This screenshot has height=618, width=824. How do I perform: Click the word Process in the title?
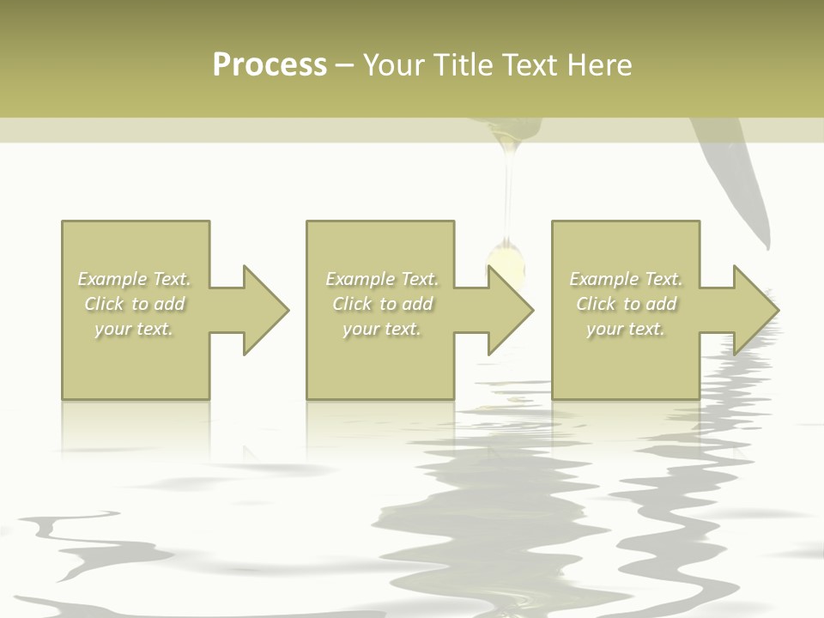pyautogui.click(x=270, y=65)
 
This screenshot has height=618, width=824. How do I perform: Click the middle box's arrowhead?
pyautogui.click(x=510, y=310)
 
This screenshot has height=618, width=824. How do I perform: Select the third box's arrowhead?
pyautogui.click(x=755, y=310)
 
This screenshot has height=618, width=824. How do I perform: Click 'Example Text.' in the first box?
pyautogui.click(x=135, y=279)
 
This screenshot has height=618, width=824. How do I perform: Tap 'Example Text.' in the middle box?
pyautogui.click(x=382, y=279)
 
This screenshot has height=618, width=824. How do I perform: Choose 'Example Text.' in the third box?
pyautogui.click(x=626, y=279)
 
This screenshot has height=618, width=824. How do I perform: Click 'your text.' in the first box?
pyautogui.click(x=134, y=329)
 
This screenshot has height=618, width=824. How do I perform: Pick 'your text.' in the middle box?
pyautogui.click(x=381, y=329)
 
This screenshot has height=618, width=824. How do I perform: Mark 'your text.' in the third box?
pyautogui.click(x=625, y=329)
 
